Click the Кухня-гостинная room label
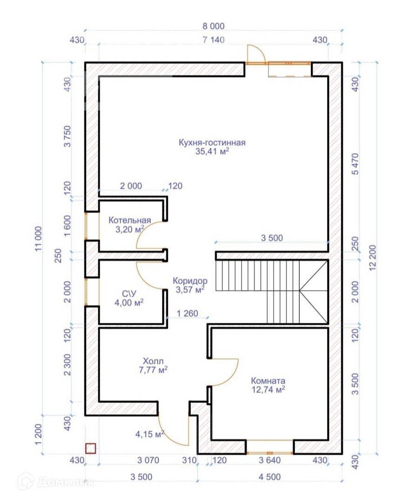pyautogui.click(x=212, y=143)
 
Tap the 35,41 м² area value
pyautogui.click(x=212, y=151)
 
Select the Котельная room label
pyautogui.click(x=129, y=220)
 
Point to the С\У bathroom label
pyautogui.click(x=129, y=294)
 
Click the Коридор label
pyautogui.click(x=190, y=281)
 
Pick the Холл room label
pyautogui.click(x=153, y=362)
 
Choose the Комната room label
pyautogui.click(x=268, y=381)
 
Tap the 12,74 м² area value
pyautogui.click(x=268, y=390)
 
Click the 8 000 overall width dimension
pyautogui.click(x=214, y=26)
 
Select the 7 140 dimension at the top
pyautogui.click(x=214, y=40)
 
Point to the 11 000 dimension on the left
pyautogui.click(x=39, y=239)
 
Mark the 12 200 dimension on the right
pyautogui.click(x=373, y=258)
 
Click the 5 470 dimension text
pyautogui.click(x=356, y=164)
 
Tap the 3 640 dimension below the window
pyautogui.click(x=270, y=460)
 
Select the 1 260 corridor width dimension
pyautogui.click(x=188, y=313)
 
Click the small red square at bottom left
pyautogui.click(x=91, y=449)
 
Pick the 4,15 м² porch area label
pyautogui.click(x=150, y=435)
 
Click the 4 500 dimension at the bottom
pyautogui.click(x=270, y=477)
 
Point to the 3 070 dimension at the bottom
pyautogui.click(x=148, y=460)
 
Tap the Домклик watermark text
pyautogui.click(x=66, y=482)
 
